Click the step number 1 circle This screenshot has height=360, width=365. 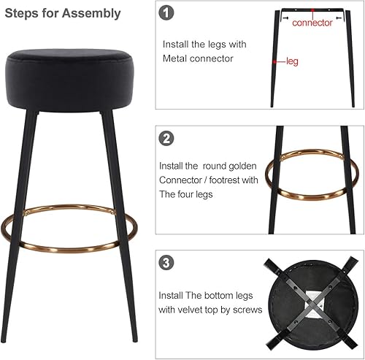pos(168,13)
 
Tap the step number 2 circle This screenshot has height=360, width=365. pos(167,137)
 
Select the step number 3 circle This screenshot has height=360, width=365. pos(167,262)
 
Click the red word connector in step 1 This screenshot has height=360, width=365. pos(312,23)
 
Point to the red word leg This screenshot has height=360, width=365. pos(292,62)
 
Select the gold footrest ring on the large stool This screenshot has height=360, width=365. pos(68,245)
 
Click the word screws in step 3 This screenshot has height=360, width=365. pos(248,310)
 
